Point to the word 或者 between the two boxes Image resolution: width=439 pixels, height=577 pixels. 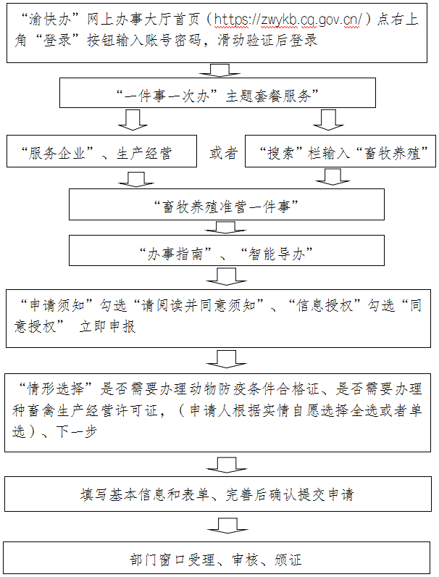(x=223, y=154)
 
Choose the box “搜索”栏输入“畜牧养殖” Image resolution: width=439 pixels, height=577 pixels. (x=341, y=154)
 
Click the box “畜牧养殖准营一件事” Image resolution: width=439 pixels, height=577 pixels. (x=222, y=205)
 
